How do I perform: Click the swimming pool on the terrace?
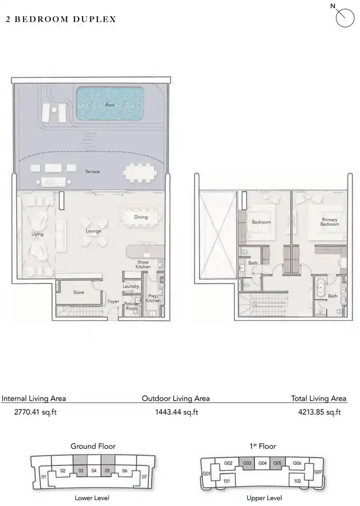point(110,104)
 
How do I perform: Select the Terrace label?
point(92,172)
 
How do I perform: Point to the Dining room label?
point(141,217)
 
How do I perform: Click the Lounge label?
point(94,231)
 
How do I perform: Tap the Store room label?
point(79,292)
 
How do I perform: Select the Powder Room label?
point(132,306)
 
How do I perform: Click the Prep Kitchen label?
point(153,298)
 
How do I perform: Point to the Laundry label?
point(131,286)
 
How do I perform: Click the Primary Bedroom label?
point(330,222)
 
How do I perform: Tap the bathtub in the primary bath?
point(321,288)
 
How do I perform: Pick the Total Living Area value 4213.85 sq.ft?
point(319,412)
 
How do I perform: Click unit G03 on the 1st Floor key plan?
point(247,463)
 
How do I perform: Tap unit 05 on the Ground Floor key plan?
point(108,471)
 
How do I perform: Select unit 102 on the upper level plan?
point(297,480)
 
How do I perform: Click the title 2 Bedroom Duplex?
point(61,19)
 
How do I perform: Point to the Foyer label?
point(113,302)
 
